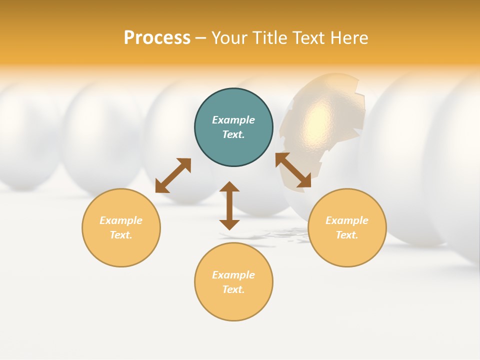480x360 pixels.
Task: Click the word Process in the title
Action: click(157, 38)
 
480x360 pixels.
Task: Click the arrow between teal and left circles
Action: click(173, 175)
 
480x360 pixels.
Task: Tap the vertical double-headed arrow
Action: click(229, 205)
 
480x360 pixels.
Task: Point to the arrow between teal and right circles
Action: click(293, 170)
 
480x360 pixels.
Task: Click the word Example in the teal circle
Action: click(233, 120)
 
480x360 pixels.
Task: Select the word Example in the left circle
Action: click(121, 220)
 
